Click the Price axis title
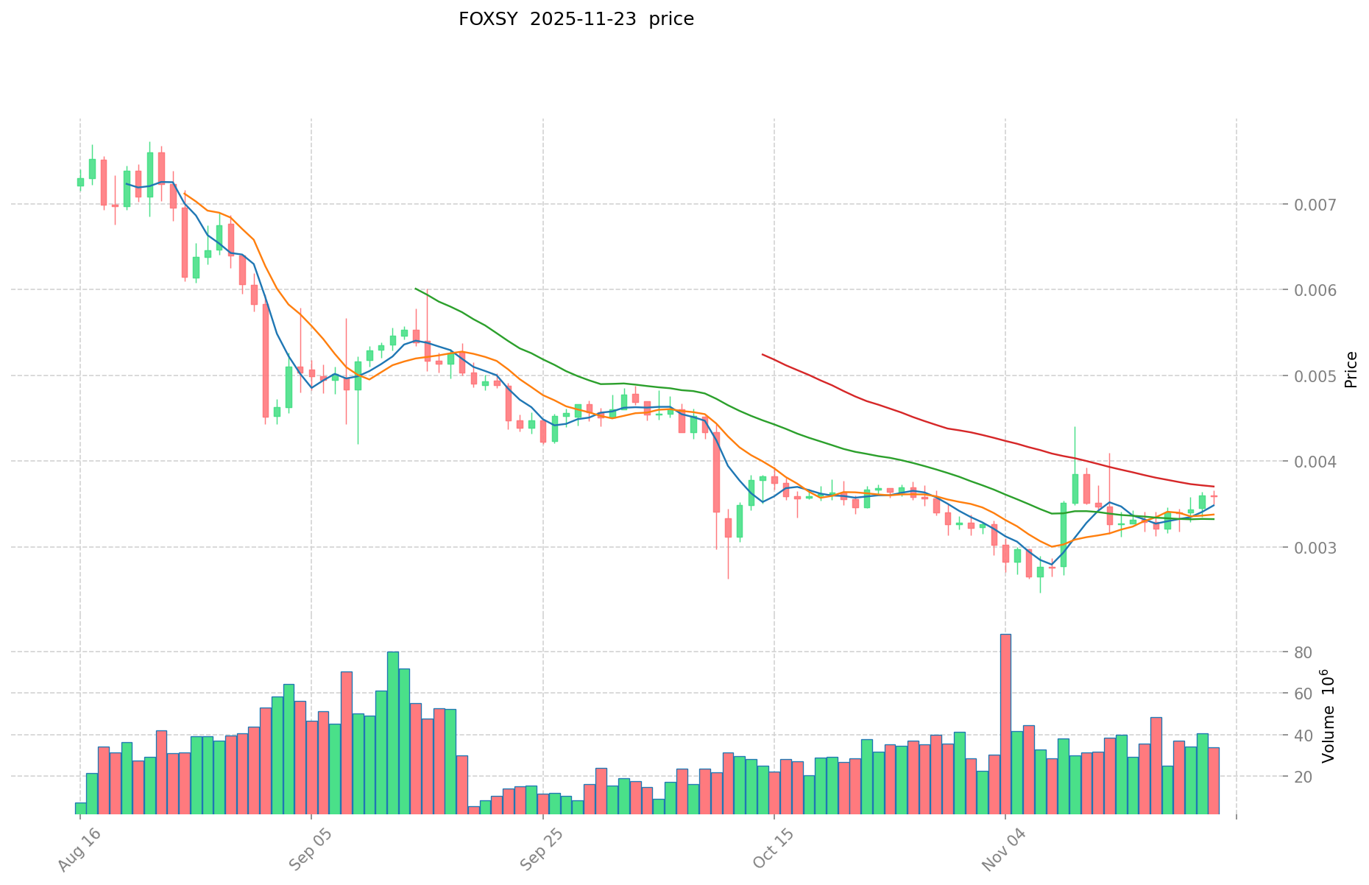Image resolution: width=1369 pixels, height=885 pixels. tap(1350, 370)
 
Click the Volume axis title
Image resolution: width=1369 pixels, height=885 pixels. tap(1329, 716)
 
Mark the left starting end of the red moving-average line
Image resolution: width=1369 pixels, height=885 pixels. tap(763, 355)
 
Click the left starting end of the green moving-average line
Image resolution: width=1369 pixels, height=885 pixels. tap(416, 289)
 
